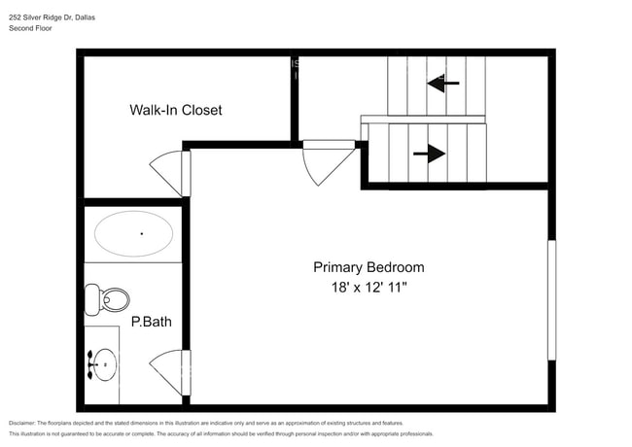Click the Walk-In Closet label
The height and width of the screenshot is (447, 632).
[x=176, y=110]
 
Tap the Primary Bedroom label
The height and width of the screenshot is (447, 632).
[x=368, y=267]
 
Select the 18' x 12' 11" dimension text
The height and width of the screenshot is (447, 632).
[x=368, y=288]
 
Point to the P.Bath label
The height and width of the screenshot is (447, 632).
[x=152, y=322]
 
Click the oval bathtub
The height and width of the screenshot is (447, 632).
[x=133, y=234]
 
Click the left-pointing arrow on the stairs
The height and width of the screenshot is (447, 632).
[x=443, y=84]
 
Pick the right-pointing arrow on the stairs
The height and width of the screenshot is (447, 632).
[x=429, y=154]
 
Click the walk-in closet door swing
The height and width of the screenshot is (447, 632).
[x=172, y=172]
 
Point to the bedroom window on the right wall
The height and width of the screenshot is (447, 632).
[x=551, y=300]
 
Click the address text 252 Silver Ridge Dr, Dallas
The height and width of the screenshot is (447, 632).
[x=59, y=17]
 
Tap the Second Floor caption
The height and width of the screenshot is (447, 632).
[x=31, y=29]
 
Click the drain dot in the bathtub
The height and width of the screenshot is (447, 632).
[x=142, y=233]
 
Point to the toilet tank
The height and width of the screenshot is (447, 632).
[x=91, y=299]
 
